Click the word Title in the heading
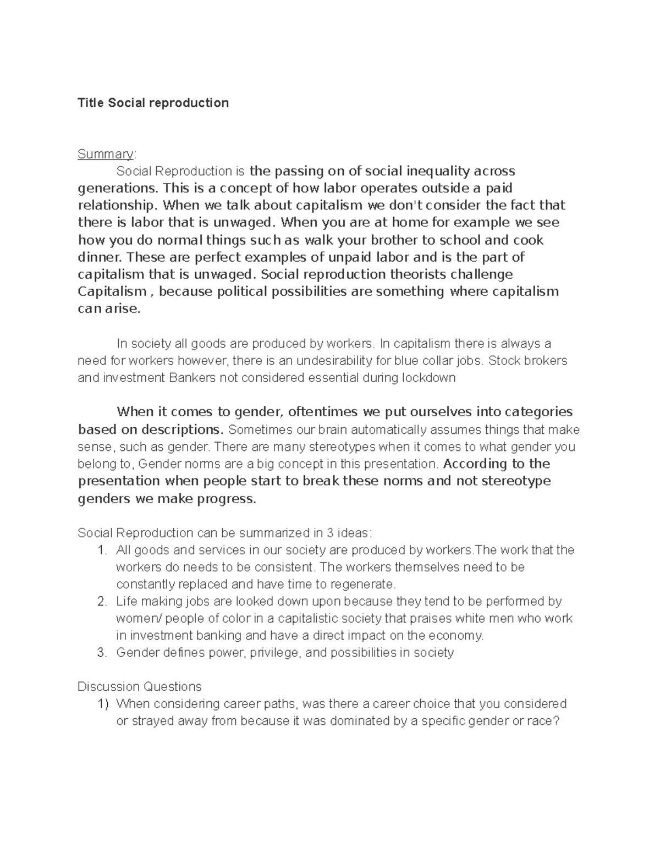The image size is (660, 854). pyautogui.click(x=91, y=103)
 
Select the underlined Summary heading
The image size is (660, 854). pyautogui.click(x=105, y=154)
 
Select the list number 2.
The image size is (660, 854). pyautogui.click(x=101, y=602)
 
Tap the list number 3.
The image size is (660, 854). pyautogui.click(x=101, y=653)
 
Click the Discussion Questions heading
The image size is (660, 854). pyautogui.click(x=140, y=687)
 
